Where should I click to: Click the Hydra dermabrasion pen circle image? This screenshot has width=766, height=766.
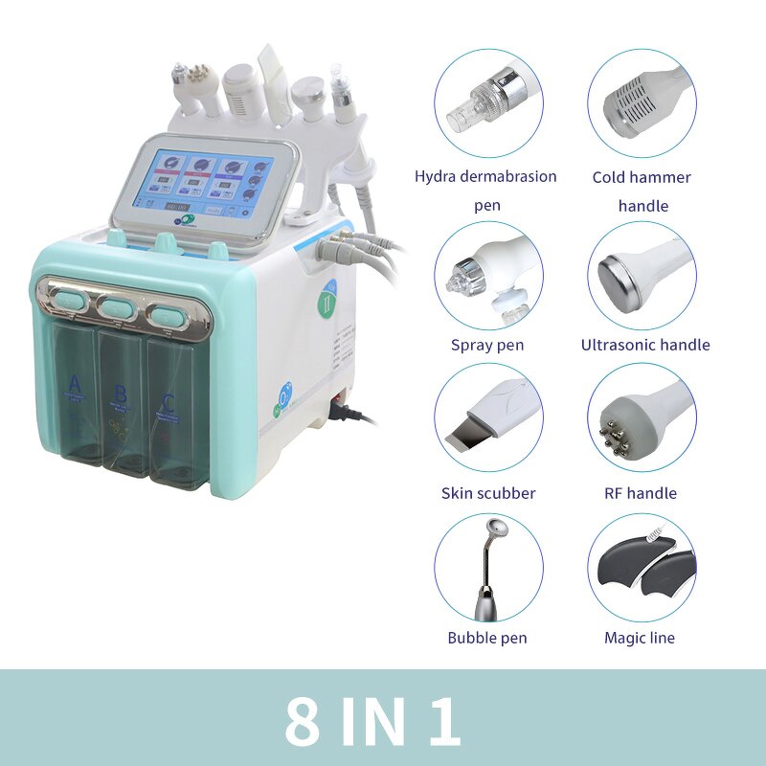(488, 103)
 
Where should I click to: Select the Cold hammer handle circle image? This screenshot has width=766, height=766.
(642, 103)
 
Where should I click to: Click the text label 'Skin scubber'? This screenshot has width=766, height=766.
(488, 493)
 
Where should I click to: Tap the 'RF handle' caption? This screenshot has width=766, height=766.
(642, 493)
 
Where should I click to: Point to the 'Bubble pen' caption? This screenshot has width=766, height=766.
(487, 638)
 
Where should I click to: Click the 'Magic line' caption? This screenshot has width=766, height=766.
(640, 638)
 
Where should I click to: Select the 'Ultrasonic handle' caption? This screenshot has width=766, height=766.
(645, 345)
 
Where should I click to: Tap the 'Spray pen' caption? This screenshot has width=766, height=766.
(487, 345)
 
